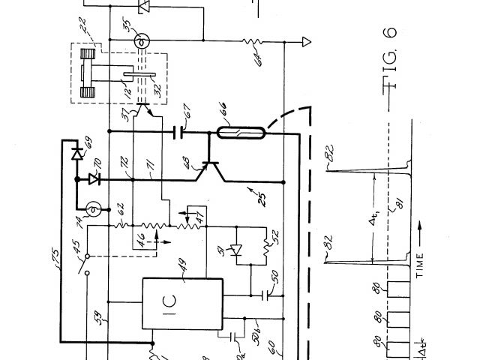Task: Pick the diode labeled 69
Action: pos(76,153)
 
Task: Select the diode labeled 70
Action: pos(94,178)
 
